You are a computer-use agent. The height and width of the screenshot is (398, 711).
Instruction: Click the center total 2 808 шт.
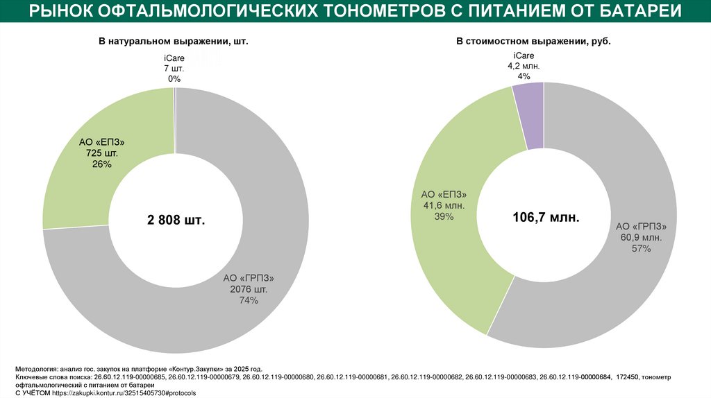click(176, 220)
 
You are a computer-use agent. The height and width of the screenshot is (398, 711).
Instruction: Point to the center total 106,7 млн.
click(546, 218)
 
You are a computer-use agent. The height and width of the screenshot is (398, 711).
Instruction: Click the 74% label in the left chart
click(249, 300)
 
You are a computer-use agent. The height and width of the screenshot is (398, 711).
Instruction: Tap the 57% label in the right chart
click(642, 249)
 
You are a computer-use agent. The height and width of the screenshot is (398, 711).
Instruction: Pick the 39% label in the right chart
click(444, 217)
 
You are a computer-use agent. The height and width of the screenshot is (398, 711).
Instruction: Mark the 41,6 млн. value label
click(444, 206)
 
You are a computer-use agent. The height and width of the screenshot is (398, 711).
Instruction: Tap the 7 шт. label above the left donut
click(174, 69)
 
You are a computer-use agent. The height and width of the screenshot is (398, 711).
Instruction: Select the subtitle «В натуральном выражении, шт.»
click(173, 42)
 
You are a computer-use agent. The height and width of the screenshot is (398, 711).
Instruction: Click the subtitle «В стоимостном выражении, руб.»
click(533, 42)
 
